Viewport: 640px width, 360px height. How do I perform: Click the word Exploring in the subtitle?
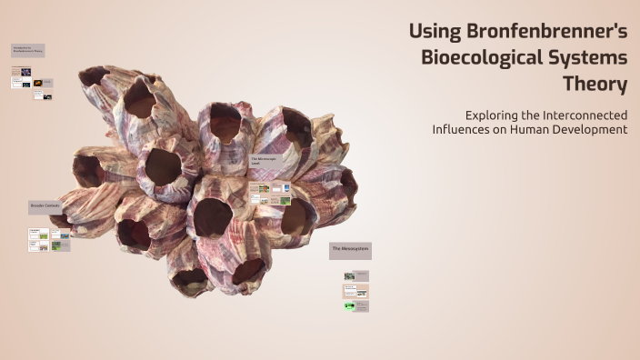(490, 115)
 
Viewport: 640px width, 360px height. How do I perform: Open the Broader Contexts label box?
(45, 207)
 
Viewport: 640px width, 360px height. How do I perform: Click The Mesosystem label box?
(350, 249)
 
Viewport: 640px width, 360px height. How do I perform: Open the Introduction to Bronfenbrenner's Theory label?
(27, 51)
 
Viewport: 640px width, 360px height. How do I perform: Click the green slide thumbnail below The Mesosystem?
(350, 306)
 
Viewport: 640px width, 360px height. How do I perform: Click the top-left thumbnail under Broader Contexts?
(38, 234)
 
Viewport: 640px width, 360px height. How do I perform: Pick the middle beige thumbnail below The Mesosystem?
(355, 291)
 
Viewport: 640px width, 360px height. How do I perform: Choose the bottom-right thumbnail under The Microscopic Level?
(284, 200)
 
